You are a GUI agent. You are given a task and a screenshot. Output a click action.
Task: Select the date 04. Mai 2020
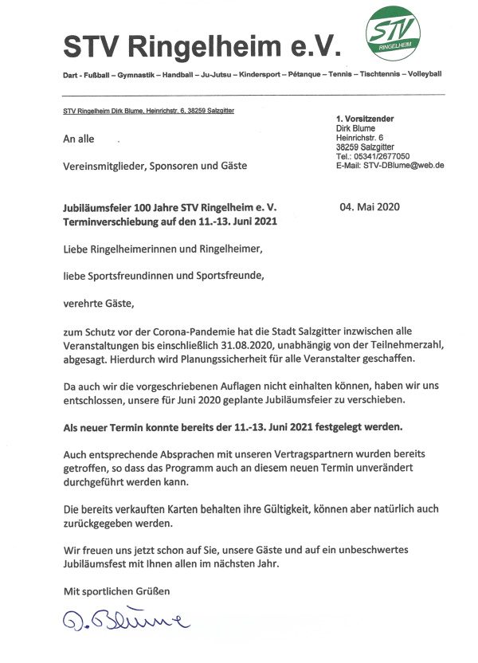point(370,207)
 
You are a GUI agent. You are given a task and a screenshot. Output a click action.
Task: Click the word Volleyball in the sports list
point(424,73)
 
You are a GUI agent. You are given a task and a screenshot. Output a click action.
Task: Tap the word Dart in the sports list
point(71,73)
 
